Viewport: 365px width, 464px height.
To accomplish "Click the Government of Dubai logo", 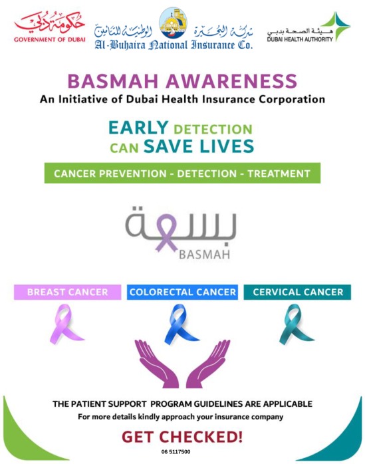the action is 49,27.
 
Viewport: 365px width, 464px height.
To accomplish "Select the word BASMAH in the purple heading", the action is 113,81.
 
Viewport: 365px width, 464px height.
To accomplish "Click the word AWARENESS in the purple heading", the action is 231,81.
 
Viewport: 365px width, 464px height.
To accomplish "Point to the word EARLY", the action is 138,128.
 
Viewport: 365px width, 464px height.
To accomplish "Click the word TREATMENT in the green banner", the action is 279,174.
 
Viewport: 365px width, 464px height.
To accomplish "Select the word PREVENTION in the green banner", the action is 132,174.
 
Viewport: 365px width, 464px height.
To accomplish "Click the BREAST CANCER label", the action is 68,292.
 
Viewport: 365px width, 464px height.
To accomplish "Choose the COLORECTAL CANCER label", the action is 182,292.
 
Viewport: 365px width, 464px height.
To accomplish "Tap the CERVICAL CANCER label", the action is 297,292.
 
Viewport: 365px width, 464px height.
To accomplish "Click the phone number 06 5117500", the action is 176,452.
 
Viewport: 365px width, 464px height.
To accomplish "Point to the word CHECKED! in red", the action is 201,437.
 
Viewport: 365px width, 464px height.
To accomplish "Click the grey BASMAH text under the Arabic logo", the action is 205,255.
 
